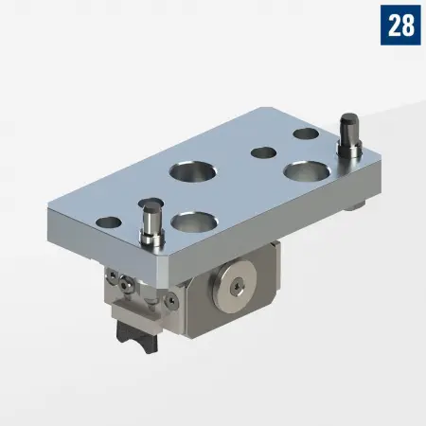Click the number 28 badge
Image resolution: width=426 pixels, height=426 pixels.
tap(399, 25)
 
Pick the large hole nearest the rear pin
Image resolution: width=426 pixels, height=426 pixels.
tap(305, 172)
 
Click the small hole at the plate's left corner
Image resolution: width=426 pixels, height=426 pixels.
tap(109, 222)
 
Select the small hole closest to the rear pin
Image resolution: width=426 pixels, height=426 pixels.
tap(305, 133)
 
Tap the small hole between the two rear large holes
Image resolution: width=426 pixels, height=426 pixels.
tap(262, 151)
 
